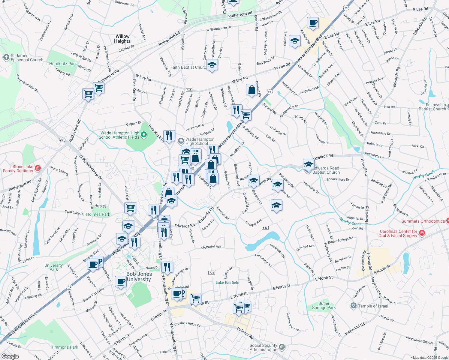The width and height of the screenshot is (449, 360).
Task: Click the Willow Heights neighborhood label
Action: click(x=122, y=39)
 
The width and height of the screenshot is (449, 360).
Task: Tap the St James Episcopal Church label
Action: click(x=27, y=58)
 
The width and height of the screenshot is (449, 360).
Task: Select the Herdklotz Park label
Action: click(x=63, y=64)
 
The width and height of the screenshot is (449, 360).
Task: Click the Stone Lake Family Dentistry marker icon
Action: click(x=38, y=168)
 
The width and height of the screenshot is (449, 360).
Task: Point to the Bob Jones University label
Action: click(x=139, y=277)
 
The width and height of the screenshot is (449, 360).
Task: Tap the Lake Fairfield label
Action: click(x=228, y=283)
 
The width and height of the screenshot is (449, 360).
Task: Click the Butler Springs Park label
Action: click(x=324, y=305)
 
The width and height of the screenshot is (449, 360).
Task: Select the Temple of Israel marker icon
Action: click(x=354, y=306)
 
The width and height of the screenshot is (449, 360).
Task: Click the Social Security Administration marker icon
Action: click(x=282, y=347)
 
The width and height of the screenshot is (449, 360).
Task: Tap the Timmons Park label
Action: click(x=65, y=347)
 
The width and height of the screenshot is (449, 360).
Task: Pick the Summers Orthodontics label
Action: click(x=423, y=221)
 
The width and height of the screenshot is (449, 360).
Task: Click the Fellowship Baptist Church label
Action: click(x=432, y=107)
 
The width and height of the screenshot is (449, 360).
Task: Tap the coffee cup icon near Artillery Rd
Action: click(x=313, y=23)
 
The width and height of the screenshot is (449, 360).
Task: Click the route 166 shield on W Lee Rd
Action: click(x=189, y=90)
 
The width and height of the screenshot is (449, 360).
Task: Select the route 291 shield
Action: click(x=62, y=140)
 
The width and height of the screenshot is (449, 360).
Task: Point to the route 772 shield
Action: click(x=212, y=273)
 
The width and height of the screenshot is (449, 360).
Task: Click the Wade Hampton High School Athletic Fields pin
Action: click(x=144, y=135)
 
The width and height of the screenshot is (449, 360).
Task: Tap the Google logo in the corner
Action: click(x=10, y=356)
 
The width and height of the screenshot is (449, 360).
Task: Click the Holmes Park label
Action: click(x=98, y=214)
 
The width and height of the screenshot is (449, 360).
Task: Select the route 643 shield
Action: click(x=265, y=228)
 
